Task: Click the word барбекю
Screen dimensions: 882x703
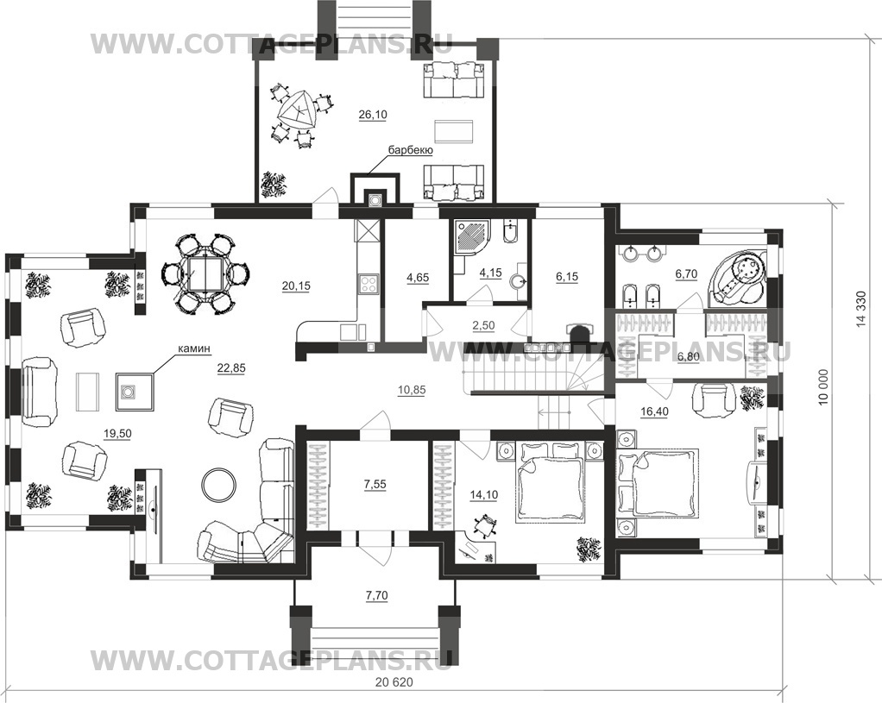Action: [x=409, y=151]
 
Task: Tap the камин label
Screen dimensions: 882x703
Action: [x=194, y=348]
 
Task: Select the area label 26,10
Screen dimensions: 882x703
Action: [x=372, y=115]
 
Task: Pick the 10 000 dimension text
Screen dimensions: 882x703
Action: [x=823, y=387]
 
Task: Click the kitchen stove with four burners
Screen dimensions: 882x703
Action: [x=369, y=283]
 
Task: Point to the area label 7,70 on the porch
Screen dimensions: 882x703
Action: [x=375, y=595]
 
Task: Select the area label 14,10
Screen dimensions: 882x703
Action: [x=484, y=495]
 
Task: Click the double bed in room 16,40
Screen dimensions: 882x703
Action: [x=658, y=482]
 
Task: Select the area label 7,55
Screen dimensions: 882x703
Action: [x=375, y=484]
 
